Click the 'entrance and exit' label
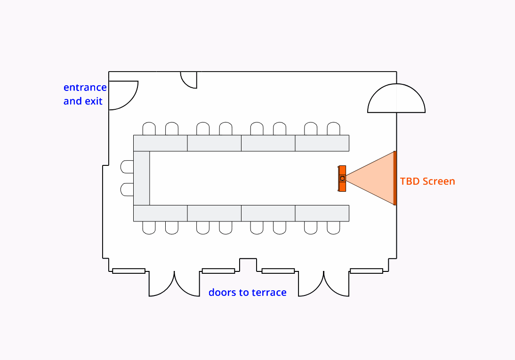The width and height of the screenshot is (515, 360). click(x=85, y=94)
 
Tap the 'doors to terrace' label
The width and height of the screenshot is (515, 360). click(x=248, y=292)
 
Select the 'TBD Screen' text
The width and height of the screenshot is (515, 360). click(x=427, y=181)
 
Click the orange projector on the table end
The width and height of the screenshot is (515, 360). click(x=342, y=179)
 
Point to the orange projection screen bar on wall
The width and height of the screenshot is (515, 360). click(x=395, y=178)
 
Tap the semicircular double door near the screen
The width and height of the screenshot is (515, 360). click(x=396, y=99)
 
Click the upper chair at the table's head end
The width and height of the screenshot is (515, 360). click(x=128, y=167)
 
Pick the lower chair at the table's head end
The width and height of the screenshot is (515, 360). click(x=128, y=189)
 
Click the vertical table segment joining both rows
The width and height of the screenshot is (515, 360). click(x=142, y=178)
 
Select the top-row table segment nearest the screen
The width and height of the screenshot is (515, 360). click(x=322, y=143)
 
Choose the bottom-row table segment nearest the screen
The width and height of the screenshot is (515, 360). click(x=322, y=213)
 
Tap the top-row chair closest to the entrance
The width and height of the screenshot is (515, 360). click(x=149, y=129)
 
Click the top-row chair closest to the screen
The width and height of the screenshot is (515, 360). click(x=333, y=129)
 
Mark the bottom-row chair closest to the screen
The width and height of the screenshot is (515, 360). click(x=333, y=228)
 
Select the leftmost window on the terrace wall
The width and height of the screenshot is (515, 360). click(x=129, y=271)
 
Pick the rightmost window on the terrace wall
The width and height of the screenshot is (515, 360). click(x=366, y=271)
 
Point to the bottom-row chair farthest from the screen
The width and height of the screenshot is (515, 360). click(x=149, y=228)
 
